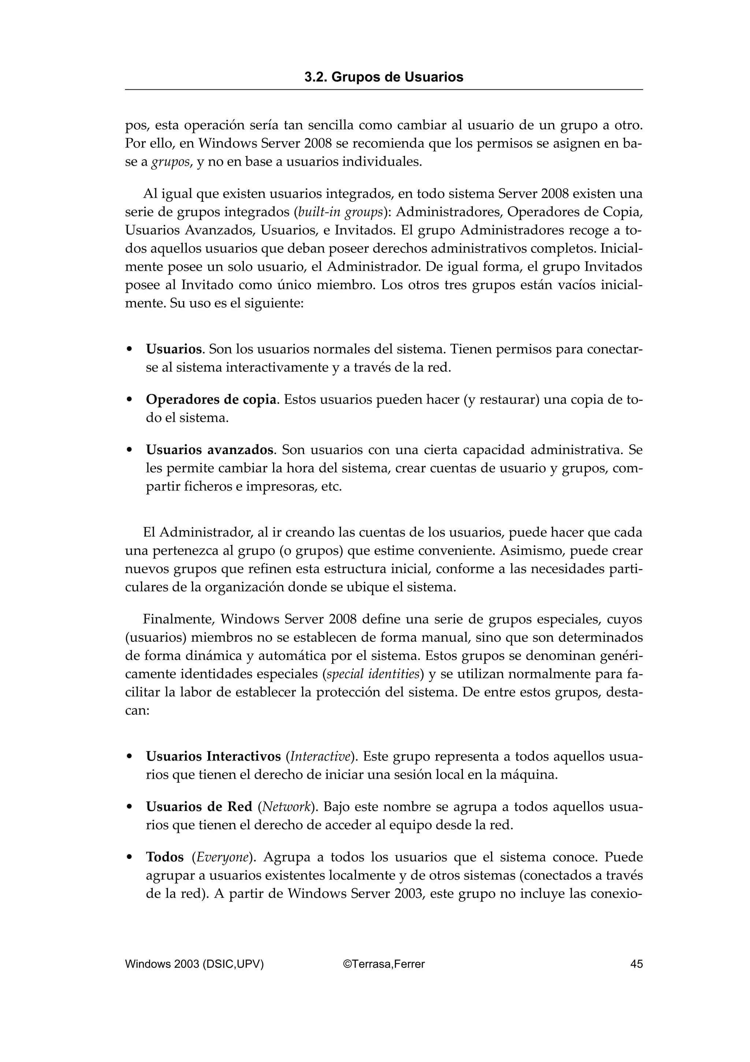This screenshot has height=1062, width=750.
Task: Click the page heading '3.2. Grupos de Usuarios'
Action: click(x=383, y=77)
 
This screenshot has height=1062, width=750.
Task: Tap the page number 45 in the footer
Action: click(x=636, y=964)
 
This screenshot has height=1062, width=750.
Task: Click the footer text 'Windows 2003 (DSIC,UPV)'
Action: click(x=194, y=964)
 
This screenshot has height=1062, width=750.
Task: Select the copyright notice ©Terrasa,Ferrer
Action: click(x=383, y=964)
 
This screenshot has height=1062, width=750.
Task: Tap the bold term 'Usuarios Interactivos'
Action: click(x=213, y=756)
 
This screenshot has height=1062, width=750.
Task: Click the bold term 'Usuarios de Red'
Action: click(x=199, y=807)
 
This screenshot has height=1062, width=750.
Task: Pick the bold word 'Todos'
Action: click(x=164, y=857)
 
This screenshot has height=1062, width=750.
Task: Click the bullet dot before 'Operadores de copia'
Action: click(x=130, y=400)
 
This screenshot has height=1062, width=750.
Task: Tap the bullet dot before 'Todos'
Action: click(x=130, y=858)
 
